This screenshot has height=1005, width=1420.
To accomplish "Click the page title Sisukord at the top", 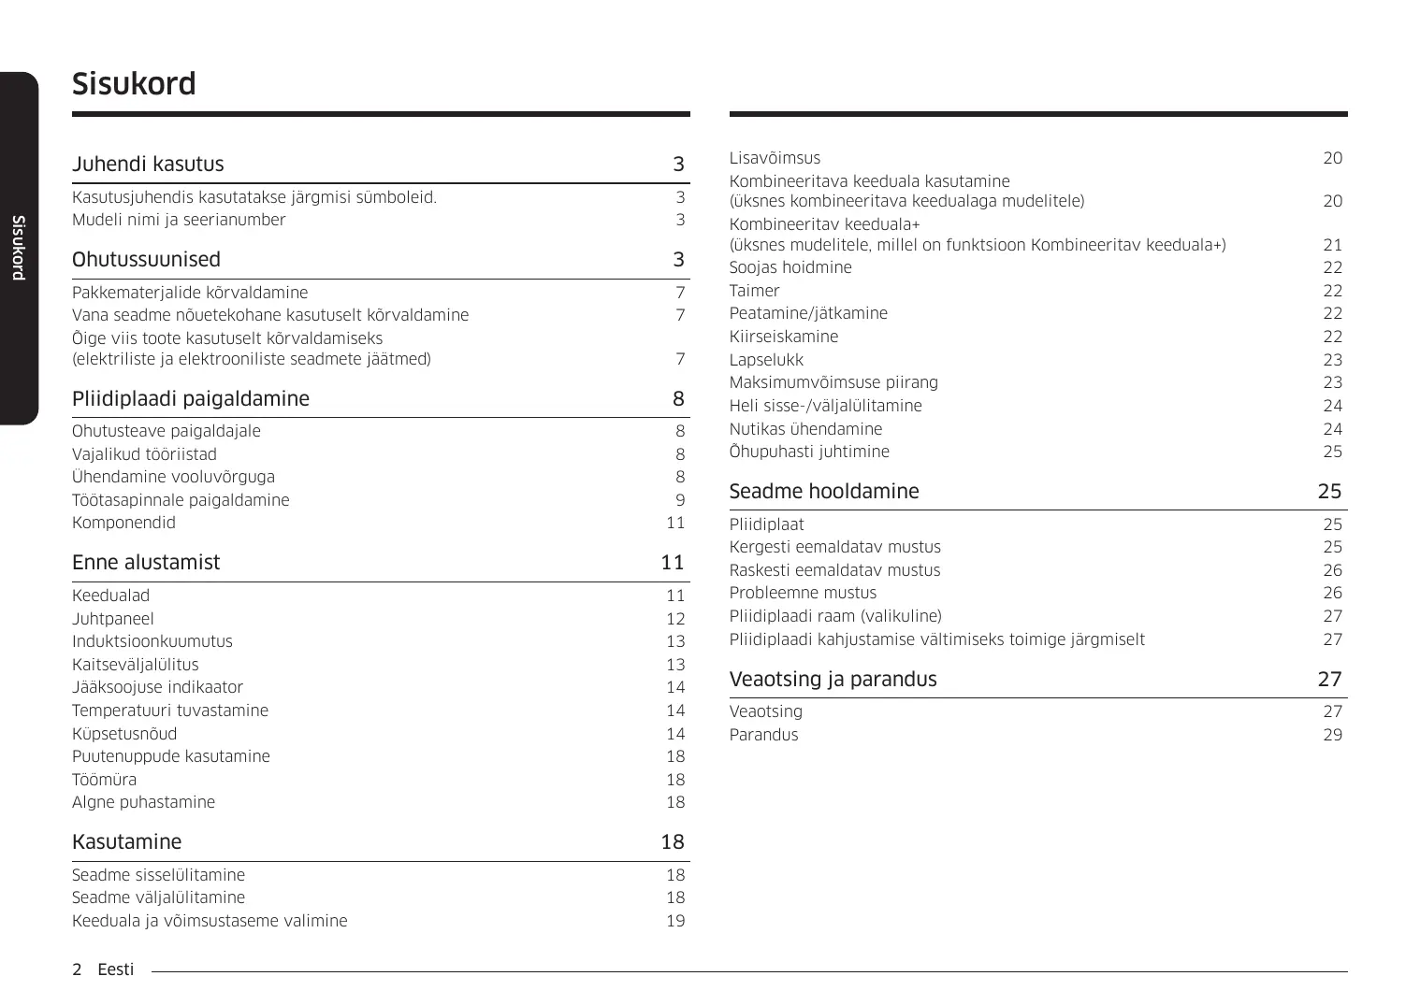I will click(x=134, y=84).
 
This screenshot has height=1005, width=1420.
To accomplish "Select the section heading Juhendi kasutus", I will click(x=148, y=165).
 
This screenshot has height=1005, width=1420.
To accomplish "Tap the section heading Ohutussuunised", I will click(x=146, y=260).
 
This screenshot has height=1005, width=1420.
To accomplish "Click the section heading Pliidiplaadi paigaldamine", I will click(x=190, y=399).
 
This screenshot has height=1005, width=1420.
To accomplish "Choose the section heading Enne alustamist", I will click(x=146, y=563).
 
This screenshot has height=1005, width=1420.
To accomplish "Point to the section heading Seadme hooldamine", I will click(x=823, y=492).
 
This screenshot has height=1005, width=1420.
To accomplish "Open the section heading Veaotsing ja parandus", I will click(x=833, y=680).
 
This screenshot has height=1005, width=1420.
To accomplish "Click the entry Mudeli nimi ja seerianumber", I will click(x=179, y=221).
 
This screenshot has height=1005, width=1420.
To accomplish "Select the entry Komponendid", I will click(x=123, y=524).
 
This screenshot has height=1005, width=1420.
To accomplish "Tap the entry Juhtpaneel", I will click(x=113, y=619).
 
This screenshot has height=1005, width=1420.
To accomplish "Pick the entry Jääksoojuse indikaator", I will click(x=157, y=688).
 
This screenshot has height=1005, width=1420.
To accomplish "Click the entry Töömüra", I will click(x=104, y=780).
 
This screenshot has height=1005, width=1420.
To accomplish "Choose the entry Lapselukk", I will click(x=766, y=360).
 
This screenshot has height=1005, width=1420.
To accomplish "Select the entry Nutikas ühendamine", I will click(x=805, y=429).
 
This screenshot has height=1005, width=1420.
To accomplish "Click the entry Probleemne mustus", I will click(x=803, y=593).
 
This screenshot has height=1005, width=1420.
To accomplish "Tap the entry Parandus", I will click(x=763, y=735).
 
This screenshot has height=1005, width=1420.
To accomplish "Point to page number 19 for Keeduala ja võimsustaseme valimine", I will click(x=675, y=921).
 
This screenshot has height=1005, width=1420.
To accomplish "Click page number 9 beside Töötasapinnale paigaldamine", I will click(x=680, y=500).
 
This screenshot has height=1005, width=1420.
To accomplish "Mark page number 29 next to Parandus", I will click(x=1332, y=735).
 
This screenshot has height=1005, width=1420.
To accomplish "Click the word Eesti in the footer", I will click(x=116, y=969).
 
